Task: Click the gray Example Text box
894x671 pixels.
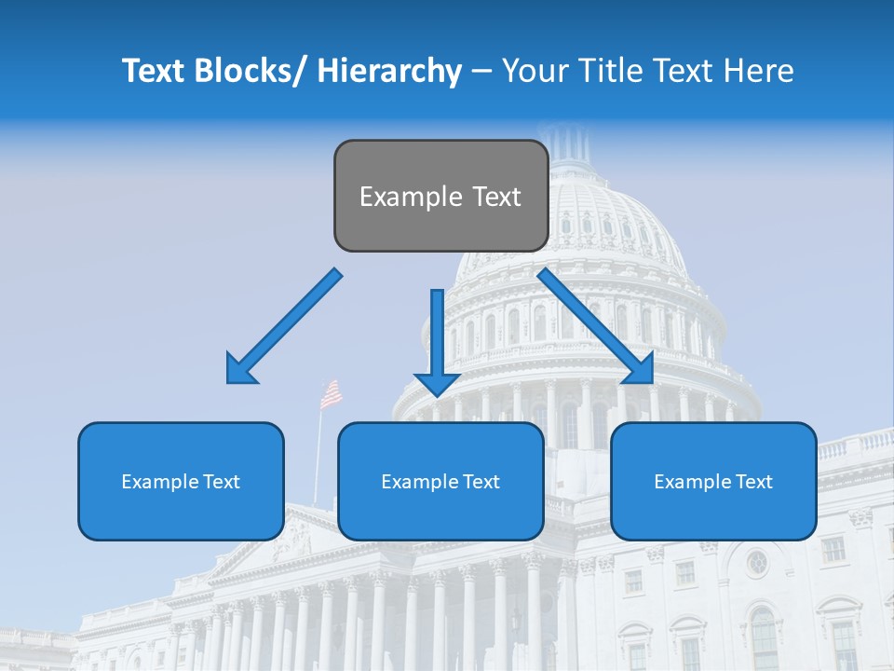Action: tap(440, 196)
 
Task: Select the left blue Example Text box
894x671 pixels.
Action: tap(181, 481)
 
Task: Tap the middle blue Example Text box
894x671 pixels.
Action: tap(440, 481)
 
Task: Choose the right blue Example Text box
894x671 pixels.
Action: tap(713, 481)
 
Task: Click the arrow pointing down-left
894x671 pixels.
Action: tap(284, 326)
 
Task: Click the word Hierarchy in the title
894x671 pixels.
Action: tap(389, 71)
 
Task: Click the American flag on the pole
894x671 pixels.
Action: tap(331, 394)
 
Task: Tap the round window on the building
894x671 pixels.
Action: tap(756, 562)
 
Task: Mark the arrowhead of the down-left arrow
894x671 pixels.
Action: tap(241, 369)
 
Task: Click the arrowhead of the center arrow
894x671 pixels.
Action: tap(438, 382)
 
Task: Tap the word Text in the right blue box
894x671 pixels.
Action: tap(753, 481)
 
